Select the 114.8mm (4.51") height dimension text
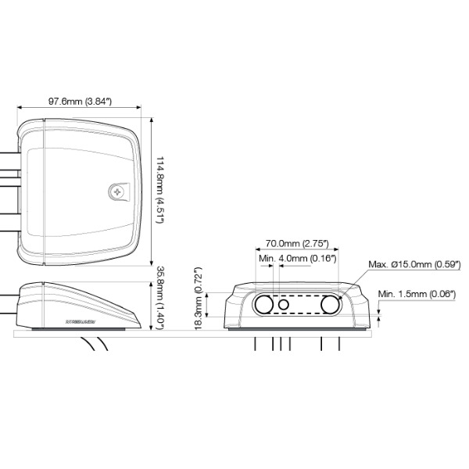[x=159, y=191]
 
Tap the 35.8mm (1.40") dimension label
[x=159, y=297]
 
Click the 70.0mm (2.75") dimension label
[x=297, y=244]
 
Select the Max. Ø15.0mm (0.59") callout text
[x=414, y=264]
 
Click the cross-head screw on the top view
[x=117, y=191]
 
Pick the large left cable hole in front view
[x=263, y=304]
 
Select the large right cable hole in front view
[x=330, y=304]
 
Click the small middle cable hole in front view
[x=283, y=304]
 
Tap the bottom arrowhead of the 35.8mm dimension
[x=150, y=328]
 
